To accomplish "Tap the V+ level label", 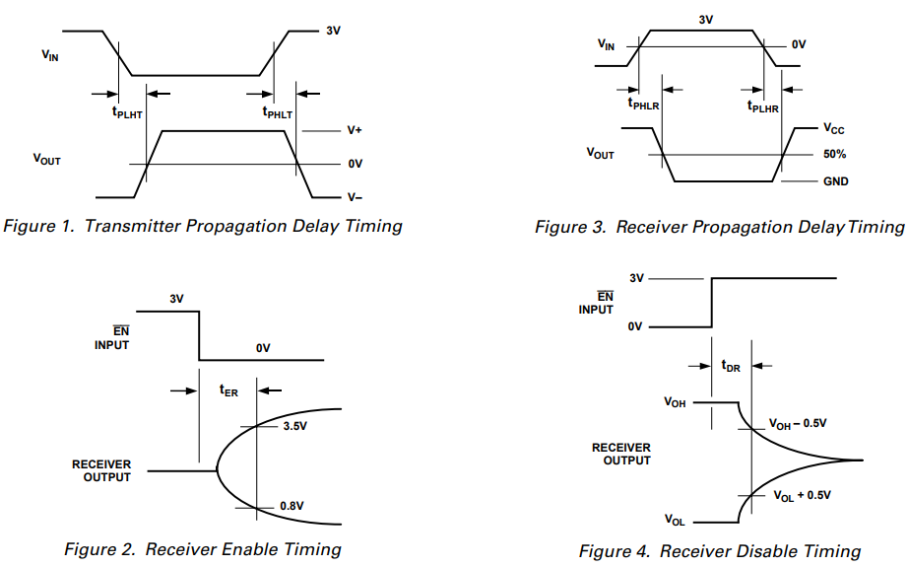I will pos(356,130).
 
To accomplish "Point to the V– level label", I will pos(356,197).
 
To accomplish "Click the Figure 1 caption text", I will pos(203,226).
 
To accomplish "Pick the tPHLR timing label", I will pos(644,106).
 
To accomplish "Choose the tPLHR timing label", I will pos(763,106).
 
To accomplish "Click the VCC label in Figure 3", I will pos(834,129).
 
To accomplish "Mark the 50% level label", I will pos(835,155).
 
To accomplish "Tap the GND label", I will pos(836,181).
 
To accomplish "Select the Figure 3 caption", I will pos(719,227).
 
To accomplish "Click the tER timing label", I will pos(227,390).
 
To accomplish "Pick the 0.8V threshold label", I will pos(293,507).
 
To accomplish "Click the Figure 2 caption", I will pos(203,549).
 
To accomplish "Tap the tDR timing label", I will pos(731,366).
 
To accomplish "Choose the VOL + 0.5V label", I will pos(799,494).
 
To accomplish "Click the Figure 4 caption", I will pos(719,550).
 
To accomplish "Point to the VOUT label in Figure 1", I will pos(46,159).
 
